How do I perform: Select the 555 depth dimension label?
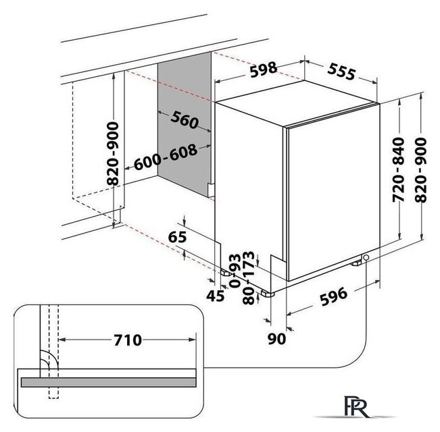(x=341, y=71)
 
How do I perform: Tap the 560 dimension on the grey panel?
(x=185, y=120)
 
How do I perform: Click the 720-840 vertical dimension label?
(x=399, y=169)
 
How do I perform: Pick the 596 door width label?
(x=334, y=297)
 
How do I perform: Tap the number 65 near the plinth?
(x=177, y=237)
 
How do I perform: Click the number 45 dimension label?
(x=215, y=296)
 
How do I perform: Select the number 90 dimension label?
(x=276, y=339)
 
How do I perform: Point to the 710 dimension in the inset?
(x=128, y=340)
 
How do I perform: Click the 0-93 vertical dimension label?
(x=235, y=271)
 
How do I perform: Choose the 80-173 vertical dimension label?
(x=249, y=278)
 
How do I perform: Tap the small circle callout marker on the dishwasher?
(x=366, y=257)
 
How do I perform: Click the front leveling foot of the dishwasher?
(x=268, y=294)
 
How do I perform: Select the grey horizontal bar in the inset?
(x=109, y=382)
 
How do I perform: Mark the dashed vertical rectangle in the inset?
(x=54, y=351)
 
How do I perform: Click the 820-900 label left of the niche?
(x=113, y=153)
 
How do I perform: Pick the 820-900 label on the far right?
(x=420, y=170)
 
